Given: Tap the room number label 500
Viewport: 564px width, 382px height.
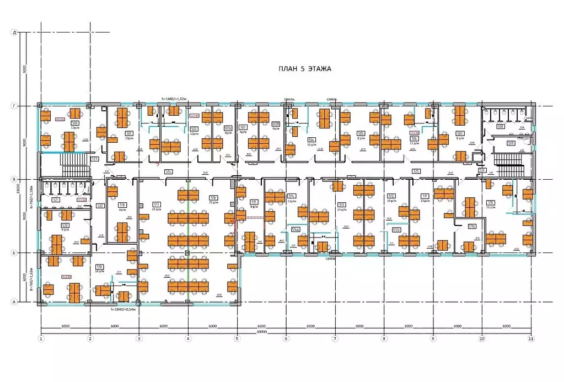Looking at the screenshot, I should [x=74, y=123].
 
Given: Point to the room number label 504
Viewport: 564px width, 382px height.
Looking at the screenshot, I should [x=311, y=139].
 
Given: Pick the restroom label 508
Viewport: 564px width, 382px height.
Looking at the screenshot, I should [x=500, y=127].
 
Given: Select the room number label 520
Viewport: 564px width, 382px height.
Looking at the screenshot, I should [x=65, y=225].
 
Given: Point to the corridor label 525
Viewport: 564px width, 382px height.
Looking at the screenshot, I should [x=416, y=171].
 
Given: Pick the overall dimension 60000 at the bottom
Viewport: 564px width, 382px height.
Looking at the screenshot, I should [x=262, y=332].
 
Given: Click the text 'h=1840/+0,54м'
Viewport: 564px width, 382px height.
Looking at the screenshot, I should [x=123, y=310].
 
